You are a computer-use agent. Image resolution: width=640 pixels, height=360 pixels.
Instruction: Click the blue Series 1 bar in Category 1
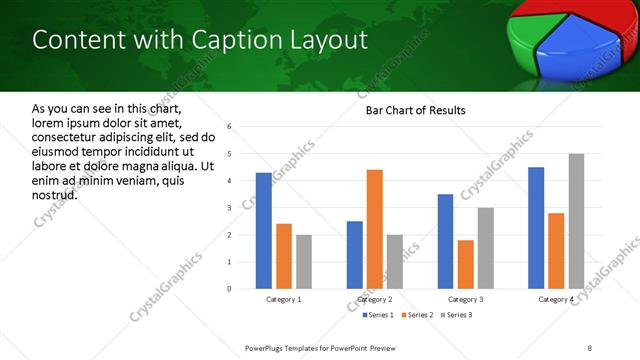tap(263, 231)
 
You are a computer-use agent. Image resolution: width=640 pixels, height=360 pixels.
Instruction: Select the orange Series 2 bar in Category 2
tap(375, 229)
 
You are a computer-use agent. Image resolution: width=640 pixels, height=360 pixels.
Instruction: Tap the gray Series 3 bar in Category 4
tap(576, 221)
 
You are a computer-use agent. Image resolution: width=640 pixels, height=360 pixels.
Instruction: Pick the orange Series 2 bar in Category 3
tap(466, 264)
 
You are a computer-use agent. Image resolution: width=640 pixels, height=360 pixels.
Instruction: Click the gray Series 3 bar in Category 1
tap(303, 262)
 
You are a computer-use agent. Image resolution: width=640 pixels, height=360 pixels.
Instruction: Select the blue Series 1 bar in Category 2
tap(355, 255)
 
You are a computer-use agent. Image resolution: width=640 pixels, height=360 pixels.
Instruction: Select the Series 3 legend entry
tap(457, 315)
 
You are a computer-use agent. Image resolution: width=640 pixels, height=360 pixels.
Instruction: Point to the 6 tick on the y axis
tap(229, 127)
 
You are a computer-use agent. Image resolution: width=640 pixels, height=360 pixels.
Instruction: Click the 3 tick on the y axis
tap(229, 208)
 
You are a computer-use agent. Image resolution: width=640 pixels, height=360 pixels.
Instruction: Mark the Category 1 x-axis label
tap(284, 299)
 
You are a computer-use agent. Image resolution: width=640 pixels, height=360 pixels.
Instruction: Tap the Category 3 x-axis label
tap(466, 299)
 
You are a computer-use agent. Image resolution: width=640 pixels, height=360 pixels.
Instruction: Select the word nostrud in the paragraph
tap(55, 194)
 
